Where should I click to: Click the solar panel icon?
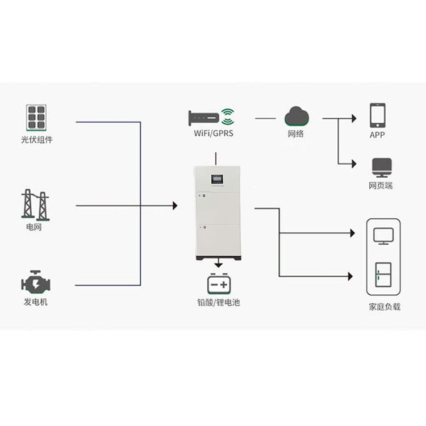(36, 118)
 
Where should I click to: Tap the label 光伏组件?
(37, 140)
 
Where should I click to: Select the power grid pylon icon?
(35, 205)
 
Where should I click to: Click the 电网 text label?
(34, 227)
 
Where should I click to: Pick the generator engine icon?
(36, 282)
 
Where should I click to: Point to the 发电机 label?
(36, 302)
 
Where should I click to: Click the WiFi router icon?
(211, 118)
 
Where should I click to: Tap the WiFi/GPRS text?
(214, 133)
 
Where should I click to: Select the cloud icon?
(296, 116)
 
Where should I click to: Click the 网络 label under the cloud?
(296, 133)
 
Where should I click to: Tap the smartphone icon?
(377, 115)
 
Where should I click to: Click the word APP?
(377, 135)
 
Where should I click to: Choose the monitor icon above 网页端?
(382, 168)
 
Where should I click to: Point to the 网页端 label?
(381, 186)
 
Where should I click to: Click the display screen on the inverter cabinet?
(217, 179)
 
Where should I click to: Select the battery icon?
(219, 283)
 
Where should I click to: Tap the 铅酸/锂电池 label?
(219, 302)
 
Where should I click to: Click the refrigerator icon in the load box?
(383, 275)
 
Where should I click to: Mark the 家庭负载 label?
(385, 307)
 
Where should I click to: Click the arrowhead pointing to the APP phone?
(354, 119)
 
